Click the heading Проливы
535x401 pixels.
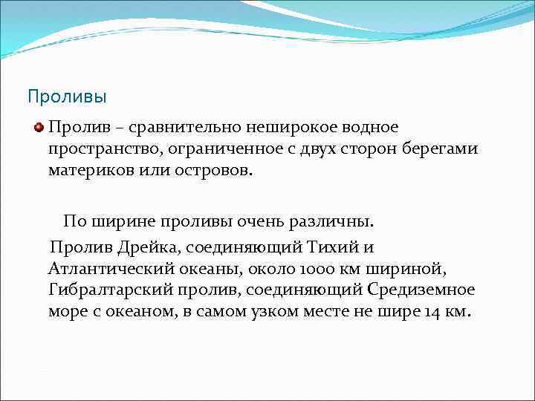point(67,97)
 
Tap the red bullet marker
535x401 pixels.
point(39,128)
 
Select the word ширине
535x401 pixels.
point(122,221)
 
